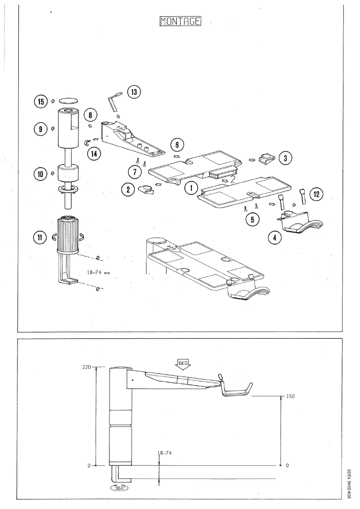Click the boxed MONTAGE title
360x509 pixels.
click(180, 22)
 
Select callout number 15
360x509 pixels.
click(40, 102)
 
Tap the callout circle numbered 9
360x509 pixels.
click(40, 128)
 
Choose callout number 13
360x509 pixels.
click(133, 92)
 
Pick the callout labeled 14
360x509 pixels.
click(94, 153)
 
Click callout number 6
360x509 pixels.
click(178, 145)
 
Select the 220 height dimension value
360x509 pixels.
click(86, 367)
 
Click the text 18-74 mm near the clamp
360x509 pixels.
click(97, 272)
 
